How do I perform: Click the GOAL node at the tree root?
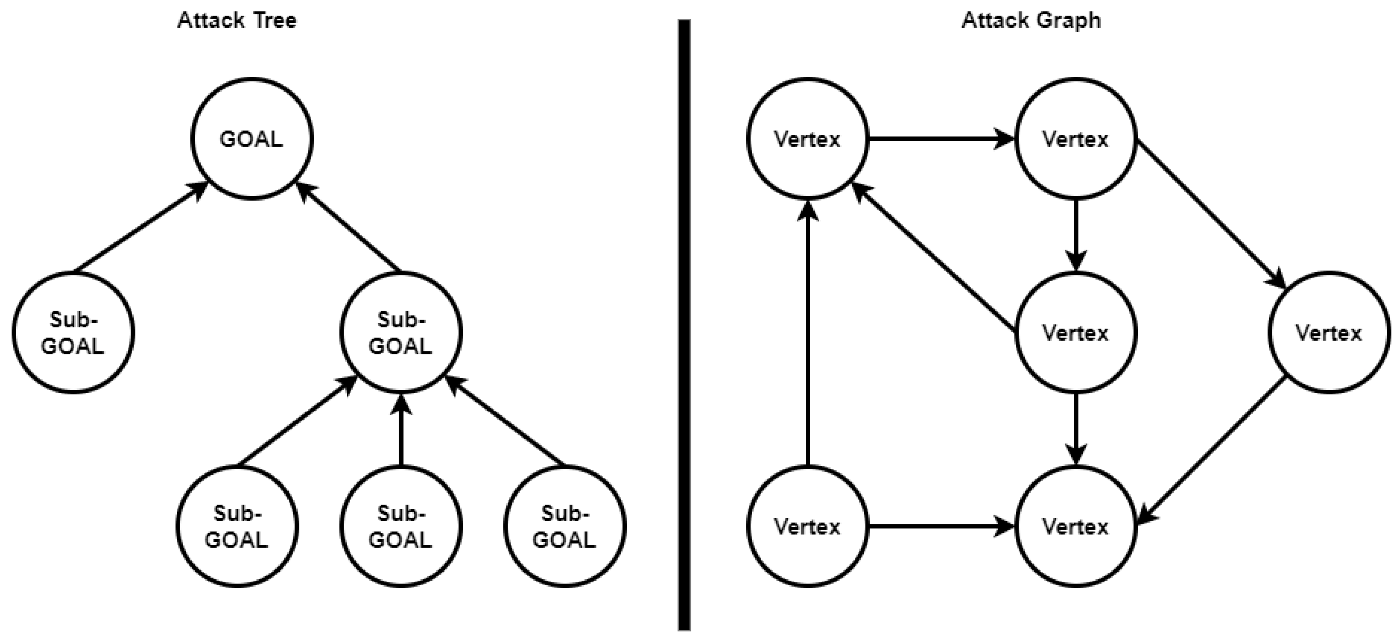click(252, 139)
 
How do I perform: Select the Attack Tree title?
click(237, 21)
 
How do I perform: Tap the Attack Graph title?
click(1031, 21)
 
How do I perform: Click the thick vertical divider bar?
click(684, 325)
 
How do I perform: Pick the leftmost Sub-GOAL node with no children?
click(73, 333)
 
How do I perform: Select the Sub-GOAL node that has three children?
click(401, 333)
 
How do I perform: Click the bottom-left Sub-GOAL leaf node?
click(237, 526)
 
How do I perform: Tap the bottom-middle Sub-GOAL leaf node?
click(401, 526)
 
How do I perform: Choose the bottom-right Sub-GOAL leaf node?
click(564, 526)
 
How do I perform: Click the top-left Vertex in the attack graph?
click(807, 139)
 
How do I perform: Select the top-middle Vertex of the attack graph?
click(1075, 139)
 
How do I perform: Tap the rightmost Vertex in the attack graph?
click(1329, 333)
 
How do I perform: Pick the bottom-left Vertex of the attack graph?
click(807, 526)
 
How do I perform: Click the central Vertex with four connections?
click(1075, 333)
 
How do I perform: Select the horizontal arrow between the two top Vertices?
click(941, 139)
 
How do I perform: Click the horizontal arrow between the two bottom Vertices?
click(941, 526)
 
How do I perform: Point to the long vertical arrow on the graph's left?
click(808, 337)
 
